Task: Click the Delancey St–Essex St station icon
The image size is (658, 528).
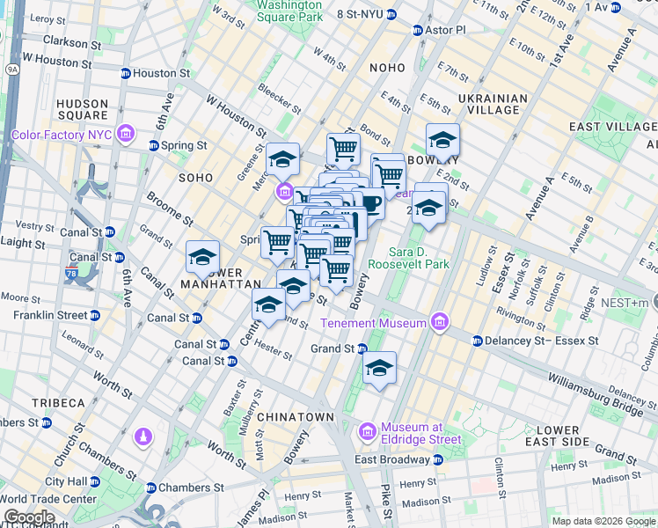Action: pos(477,341)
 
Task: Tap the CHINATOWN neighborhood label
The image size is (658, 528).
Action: pos(296,416)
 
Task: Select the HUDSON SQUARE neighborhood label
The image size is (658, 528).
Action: pos(82,109)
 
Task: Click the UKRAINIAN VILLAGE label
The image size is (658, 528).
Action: pos(493,104)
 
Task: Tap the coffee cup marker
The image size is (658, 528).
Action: pos(370,203)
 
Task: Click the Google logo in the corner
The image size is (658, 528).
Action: pos(29,517)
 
